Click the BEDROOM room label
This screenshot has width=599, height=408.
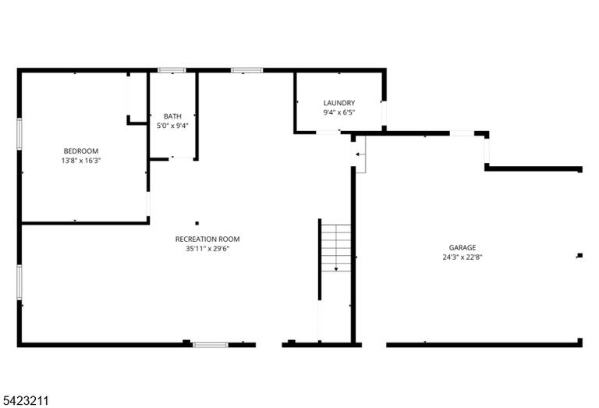[x=80, y=151]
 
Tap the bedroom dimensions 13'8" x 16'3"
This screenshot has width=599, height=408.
[x=80, y=161]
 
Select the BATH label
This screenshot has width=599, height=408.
[x=172, y=116]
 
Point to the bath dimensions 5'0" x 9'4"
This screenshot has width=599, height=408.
[x=172, y=126]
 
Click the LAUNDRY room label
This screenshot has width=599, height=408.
[x=339, y=103]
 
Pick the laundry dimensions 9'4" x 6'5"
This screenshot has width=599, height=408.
[x=339, y=112]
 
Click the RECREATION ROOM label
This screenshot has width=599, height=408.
[x=207, y=239]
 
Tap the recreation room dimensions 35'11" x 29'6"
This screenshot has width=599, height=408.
[x=207, y=249]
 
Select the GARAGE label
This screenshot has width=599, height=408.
[x=463, y=247]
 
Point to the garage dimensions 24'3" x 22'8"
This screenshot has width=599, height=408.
[x=463, y=257]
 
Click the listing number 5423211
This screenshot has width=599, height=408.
[x=26, y=401]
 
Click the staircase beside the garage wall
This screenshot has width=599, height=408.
[x=336, y=248]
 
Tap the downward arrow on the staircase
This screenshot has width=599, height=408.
[x=336, y=248]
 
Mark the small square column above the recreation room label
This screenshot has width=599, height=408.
[x=197, y=223]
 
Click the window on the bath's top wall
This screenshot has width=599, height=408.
[x=172, y=70]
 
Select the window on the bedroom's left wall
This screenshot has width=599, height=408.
[x=19, y=133]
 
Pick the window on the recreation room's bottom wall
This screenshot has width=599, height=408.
[x=211, y=345]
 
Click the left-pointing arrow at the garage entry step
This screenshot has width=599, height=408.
[x=360, y=154]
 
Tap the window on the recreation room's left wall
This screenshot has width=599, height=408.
[x=19, y=282]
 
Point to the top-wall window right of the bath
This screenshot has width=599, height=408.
[x=246, y=70]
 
